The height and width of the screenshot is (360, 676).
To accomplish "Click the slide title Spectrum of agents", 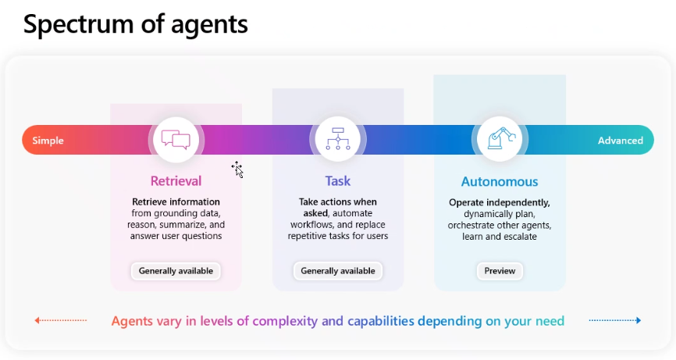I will click(x=135, y=24).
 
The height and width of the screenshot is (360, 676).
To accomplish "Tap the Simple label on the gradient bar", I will click(x=48, y=141).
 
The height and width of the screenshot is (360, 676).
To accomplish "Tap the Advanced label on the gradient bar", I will click(x=620, y=141).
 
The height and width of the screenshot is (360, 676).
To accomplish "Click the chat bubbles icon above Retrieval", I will click(x=176, y=140).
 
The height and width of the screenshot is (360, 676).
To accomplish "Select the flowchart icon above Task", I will click(x=337, y=139).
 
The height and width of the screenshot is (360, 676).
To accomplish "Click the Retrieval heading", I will click(x=176, y=181).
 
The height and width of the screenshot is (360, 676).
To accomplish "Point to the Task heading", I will click(x=337, y=181).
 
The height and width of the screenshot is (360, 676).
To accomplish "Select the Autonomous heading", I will click(x=500, y=182).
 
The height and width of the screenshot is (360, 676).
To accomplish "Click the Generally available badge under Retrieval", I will click(x=176, y=271).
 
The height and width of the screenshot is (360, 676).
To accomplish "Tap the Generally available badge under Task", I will click(x=337, y=271).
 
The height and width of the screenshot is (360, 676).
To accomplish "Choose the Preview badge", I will click(x=500, y=271).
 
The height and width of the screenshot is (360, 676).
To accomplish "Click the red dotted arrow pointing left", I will click(x=60, y=320).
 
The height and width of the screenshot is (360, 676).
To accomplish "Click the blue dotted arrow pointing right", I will click(x=615, y=320).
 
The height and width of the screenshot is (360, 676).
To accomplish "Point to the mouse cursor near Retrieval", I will click(x=237, y=169).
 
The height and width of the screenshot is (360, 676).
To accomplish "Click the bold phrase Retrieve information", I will click(x=176, y=202).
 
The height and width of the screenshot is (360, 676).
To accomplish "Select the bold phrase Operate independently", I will click(x=500, y=202).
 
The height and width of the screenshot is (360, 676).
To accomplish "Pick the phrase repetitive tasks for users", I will click(x=337, y=236).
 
